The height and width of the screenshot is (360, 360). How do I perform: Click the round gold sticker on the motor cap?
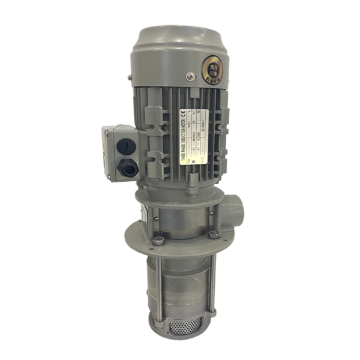click(213, 62)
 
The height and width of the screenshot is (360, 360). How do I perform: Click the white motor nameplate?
click(195, 137)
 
